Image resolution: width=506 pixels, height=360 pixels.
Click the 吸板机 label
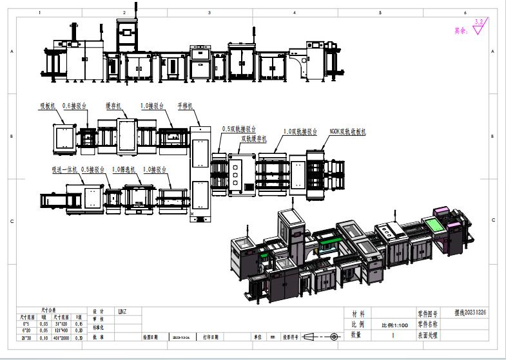click(x=49, y=104)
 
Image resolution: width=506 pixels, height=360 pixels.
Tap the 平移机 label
click(x=186, y=104)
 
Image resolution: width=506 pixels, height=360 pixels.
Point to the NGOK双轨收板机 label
click(x=347, y=131)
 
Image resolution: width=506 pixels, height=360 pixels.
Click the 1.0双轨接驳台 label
click(x=300, y=131)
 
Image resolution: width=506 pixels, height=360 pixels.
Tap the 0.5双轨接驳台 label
click(x=238, y=129)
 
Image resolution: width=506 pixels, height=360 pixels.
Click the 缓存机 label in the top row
click(x=115, y=104)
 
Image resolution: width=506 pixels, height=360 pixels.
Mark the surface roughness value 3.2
click(x=478, y=22)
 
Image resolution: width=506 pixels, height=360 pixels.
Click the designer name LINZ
click(x=122, y=312)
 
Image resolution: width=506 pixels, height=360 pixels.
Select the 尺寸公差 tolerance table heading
click(x=49, y=310)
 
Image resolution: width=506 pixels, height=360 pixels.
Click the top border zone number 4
click(x=295, y=12)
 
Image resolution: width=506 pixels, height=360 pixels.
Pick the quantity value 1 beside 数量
click(x=393, y=336)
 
